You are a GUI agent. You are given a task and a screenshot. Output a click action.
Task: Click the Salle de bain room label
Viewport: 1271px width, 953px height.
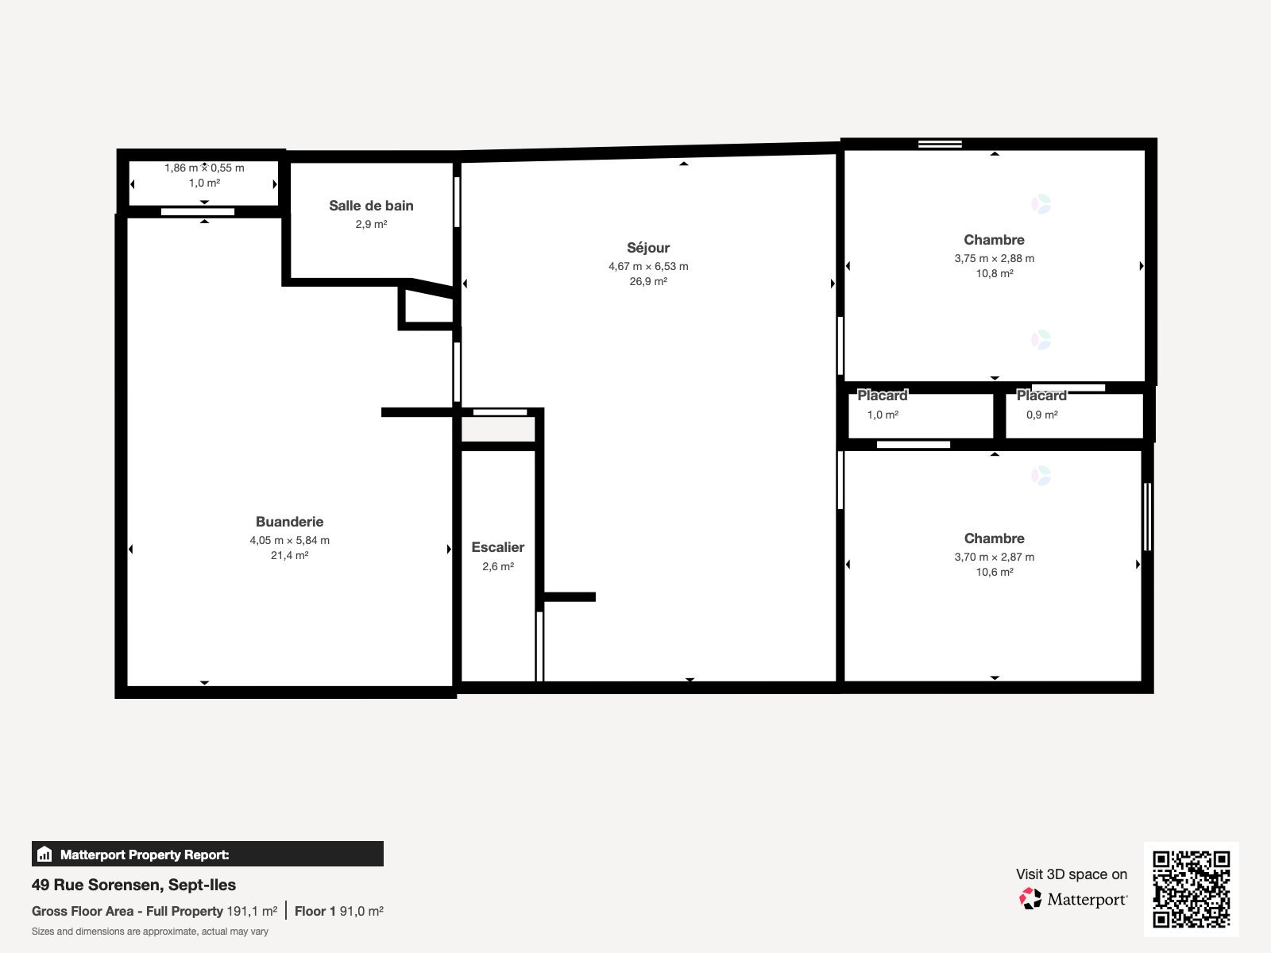coord(371,206)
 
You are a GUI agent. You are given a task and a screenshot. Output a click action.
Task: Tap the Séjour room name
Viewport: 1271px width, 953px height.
coord(648,248)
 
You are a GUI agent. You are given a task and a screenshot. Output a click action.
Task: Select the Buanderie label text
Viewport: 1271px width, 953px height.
coord(289,522)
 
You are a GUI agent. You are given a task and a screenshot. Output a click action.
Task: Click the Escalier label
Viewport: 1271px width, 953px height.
coord(498,547)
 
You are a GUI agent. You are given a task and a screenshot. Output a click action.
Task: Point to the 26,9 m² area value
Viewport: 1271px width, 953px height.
coord(648,281)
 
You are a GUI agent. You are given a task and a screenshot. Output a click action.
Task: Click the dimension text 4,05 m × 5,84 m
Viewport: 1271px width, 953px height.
coord(289,540)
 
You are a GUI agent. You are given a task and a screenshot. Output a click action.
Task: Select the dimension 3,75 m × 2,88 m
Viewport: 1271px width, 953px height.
coord(994,258)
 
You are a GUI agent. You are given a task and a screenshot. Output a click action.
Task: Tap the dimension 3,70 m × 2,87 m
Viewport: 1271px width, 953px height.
coord(994,557)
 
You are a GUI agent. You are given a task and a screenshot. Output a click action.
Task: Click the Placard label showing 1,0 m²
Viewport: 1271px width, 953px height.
coord(882,395)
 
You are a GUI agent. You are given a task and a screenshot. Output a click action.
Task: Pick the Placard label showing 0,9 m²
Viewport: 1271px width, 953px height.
coord(1041,395)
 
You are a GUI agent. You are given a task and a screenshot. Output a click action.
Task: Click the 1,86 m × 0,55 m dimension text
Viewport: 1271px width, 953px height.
coord(204,168)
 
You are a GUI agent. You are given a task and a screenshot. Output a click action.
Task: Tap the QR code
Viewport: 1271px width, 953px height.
coord(1191,889)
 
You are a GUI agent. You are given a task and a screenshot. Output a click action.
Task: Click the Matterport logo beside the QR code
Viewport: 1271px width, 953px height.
coord(1073,899)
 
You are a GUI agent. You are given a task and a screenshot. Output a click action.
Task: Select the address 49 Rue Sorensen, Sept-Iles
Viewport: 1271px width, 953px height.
coord(133,885)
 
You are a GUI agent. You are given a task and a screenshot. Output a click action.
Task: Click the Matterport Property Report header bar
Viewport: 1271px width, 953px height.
coord(207,855)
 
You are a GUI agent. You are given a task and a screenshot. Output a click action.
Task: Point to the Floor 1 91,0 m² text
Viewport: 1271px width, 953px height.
coord(338,911)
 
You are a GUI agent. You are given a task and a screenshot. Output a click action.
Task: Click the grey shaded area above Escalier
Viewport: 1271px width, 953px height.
coord(498,430)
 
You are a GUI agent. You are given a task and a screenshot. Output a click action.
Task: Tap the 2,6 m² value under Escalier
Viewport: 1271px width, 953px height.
coord(498,566)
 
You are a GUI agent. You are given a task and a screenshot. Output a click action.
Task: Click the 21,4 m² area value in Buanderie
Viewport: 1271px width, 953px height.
coord(289,555)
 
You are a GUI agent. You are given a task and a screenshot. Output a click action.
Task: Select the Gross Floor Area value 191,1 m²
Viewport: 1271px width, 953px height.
coord(252,911)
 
